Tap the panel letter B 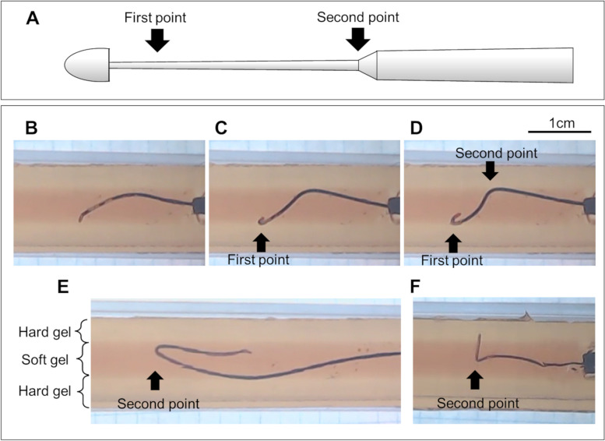32,128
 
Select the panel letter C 222,128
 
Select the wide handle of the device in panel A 475,65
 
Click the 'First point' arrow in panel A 157,38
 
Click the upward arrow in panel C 261,241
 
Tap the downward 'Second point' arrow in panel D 489,169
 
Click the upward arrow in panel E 156,380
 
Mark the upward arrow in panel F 474,380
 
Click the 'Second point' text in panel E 158,404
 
